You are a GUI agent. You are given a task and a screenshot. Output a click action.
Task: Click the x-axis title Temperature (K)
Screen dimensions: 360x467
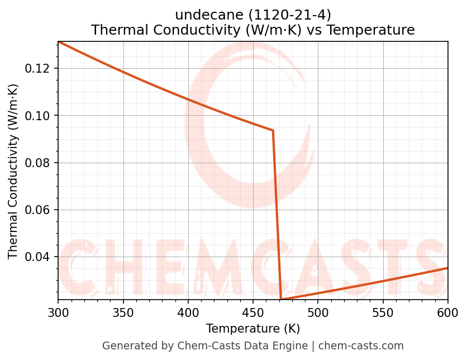(253, 329)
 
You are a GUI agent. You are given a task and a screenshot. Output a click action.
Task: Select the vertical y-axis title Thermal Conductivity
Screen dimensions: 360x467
(13, 171)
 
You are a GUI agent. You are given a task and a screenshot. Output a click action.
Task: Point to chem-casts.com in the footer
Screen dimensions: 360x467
(361, 346)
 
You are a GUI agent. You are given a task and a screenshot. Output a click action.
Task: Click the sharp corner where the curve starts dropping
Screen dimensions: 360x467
(273, 130)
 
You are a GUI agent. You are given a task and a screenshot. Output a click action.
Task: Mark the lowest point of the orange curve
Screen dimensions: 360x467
(281, 300)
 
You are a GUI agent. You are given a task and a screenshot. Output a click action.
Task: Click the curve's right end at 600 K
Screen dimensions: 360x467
(447, 268)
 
